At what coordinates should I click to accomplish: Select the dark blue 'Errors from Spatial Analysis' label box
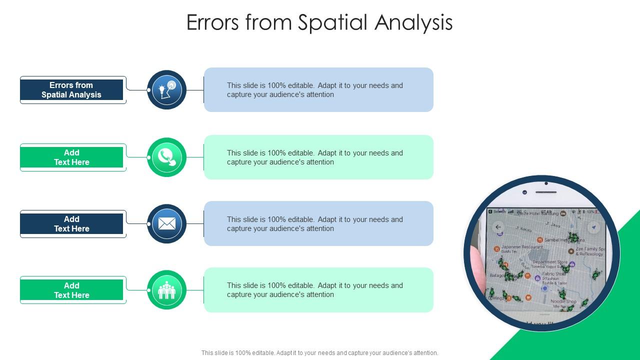point(71,90)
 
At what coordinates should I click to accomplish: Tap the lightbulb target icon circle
point(166,90)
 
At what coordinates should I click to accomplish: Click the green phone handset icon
point(166,157)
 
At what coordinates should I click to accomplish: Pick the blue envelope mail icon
point(166,223)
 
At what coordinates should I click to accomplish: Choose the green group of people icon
point(166,290)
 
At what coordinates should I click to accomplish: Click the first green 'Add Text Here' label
point(71,157)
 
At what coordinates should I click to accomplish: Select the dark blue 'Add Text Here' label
point(71,224)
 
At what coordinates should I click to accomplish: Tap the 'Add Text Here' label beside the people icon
point(71,290)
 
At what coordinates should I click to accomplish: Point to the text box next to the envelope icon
point(318,223)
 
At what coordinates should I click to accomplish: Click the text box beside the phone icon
point(318,157)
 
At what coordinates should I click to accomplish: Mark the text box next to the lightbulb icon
point(318,90)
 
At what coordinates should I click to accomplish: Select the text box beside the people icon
point(318,290)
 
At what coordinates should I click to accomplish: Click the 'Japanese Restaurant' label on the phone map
point(521,247)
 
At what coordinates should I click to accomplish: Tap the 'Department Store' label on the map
point(550,262)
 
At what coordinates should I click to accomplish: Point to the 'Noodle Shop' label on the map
point(563,301)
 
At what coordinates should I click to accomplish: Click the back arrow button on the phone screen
point(498,227)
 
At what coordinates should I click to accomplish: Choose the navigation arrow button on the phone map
point(593,227)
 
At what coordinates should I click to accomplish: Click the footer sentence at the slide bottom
point(319,353)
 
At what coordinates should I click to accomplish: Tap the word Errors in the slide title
point(213,22)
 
